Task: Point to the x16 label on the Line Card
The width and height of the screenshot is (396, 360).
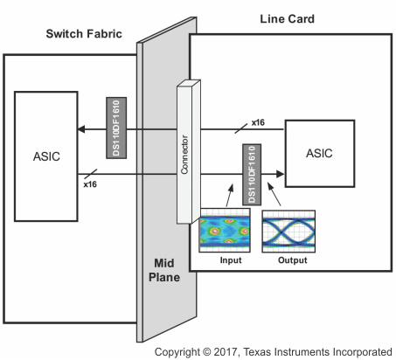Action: point(258,122)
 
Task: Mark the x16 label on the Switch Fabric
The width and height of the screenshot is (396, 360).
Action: point(89,185)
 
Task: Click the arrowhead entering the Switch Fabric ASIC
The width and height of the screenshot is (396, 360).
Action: point(83,129)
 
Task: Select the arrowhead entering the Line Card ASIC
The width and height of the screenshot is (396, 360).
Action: point(281,173)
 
